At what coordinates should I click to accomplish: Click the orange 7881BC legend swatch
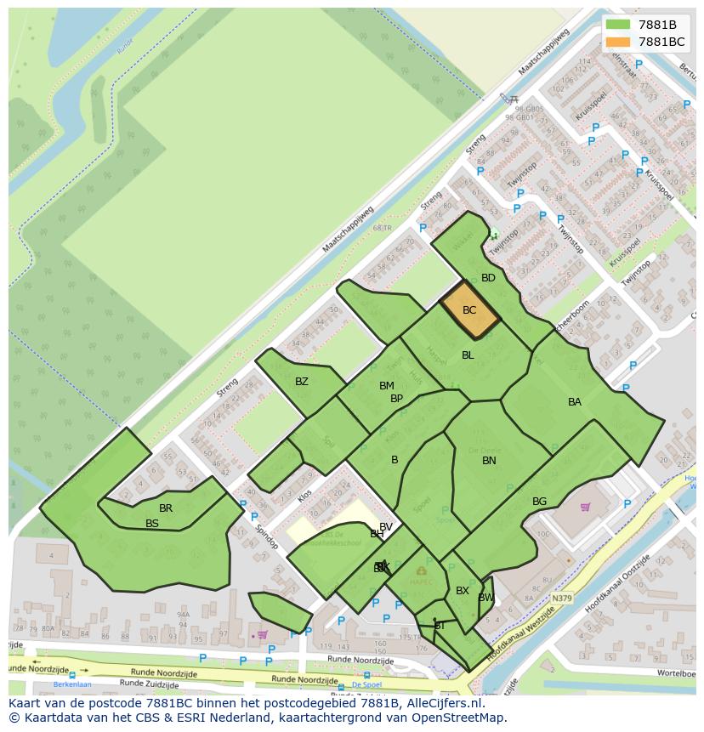pos(618,42)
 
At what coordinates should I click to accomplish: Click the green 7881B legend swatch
pos(618,25)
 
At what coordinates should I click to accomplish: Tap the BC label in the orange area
pos(469,310)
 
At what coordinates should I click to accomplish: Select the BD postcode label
pos(488,278)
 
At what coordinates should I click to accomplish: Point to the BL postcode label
pos(468,355)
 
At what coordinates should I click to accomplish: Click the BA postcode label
pos(575,402)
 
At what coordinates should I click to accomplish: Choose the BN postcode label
pos(489,461)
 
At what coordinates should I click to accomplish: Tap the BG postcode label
pos(539,502)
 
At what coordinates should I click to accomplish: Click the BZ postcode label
pos(302,382)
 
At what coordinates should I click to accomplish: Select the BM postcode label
pos(387,386)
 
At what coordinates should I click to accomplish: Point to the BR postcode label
pos(166,508)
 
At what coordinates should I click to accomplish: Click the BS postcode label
pos(152,524)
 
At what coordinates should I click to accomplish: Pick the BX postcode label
pos(463,591)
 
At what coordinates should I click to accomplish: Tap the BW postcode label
pos(485,598)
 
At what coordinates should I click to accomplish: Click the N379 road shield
pos(560,599)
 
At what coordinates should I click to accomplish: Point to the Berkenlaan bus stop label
pos(72,684)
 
